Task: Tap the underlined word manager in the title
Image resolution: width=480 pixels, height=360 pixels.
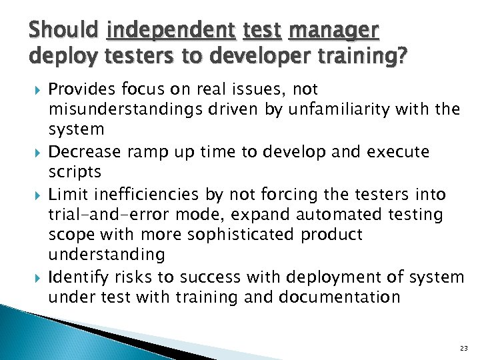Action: pos(334,30)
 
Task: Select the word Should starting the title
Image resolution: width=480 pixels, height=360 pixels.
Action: pos(65,30)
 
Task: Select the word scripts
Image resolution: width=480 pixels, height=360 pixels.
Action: pos(75,173)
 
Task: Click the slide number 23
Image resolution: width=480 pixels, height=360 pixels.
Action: pos(464,347)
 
